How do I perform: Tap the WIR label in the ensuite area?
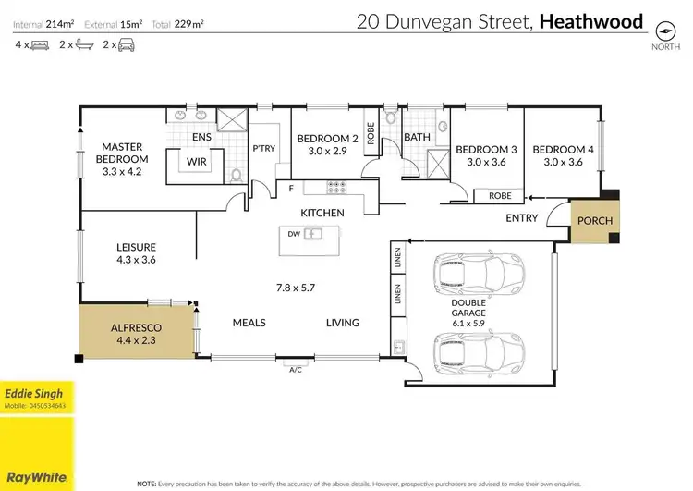pos(197,160)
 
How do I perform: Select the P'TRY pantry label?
pos(264,149)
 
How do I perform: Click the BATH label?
pos(417,137)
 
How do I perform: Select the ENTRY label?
pos(522,218)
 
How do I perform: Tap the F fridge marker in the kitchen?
pos(290,190)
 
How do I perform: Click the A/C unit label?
pos(296,369)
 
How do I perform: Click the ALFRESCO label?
pos(136,326)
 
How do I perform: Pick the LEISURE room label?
pos(136,247)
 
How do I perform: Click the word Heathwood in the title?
pos(591,21)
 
